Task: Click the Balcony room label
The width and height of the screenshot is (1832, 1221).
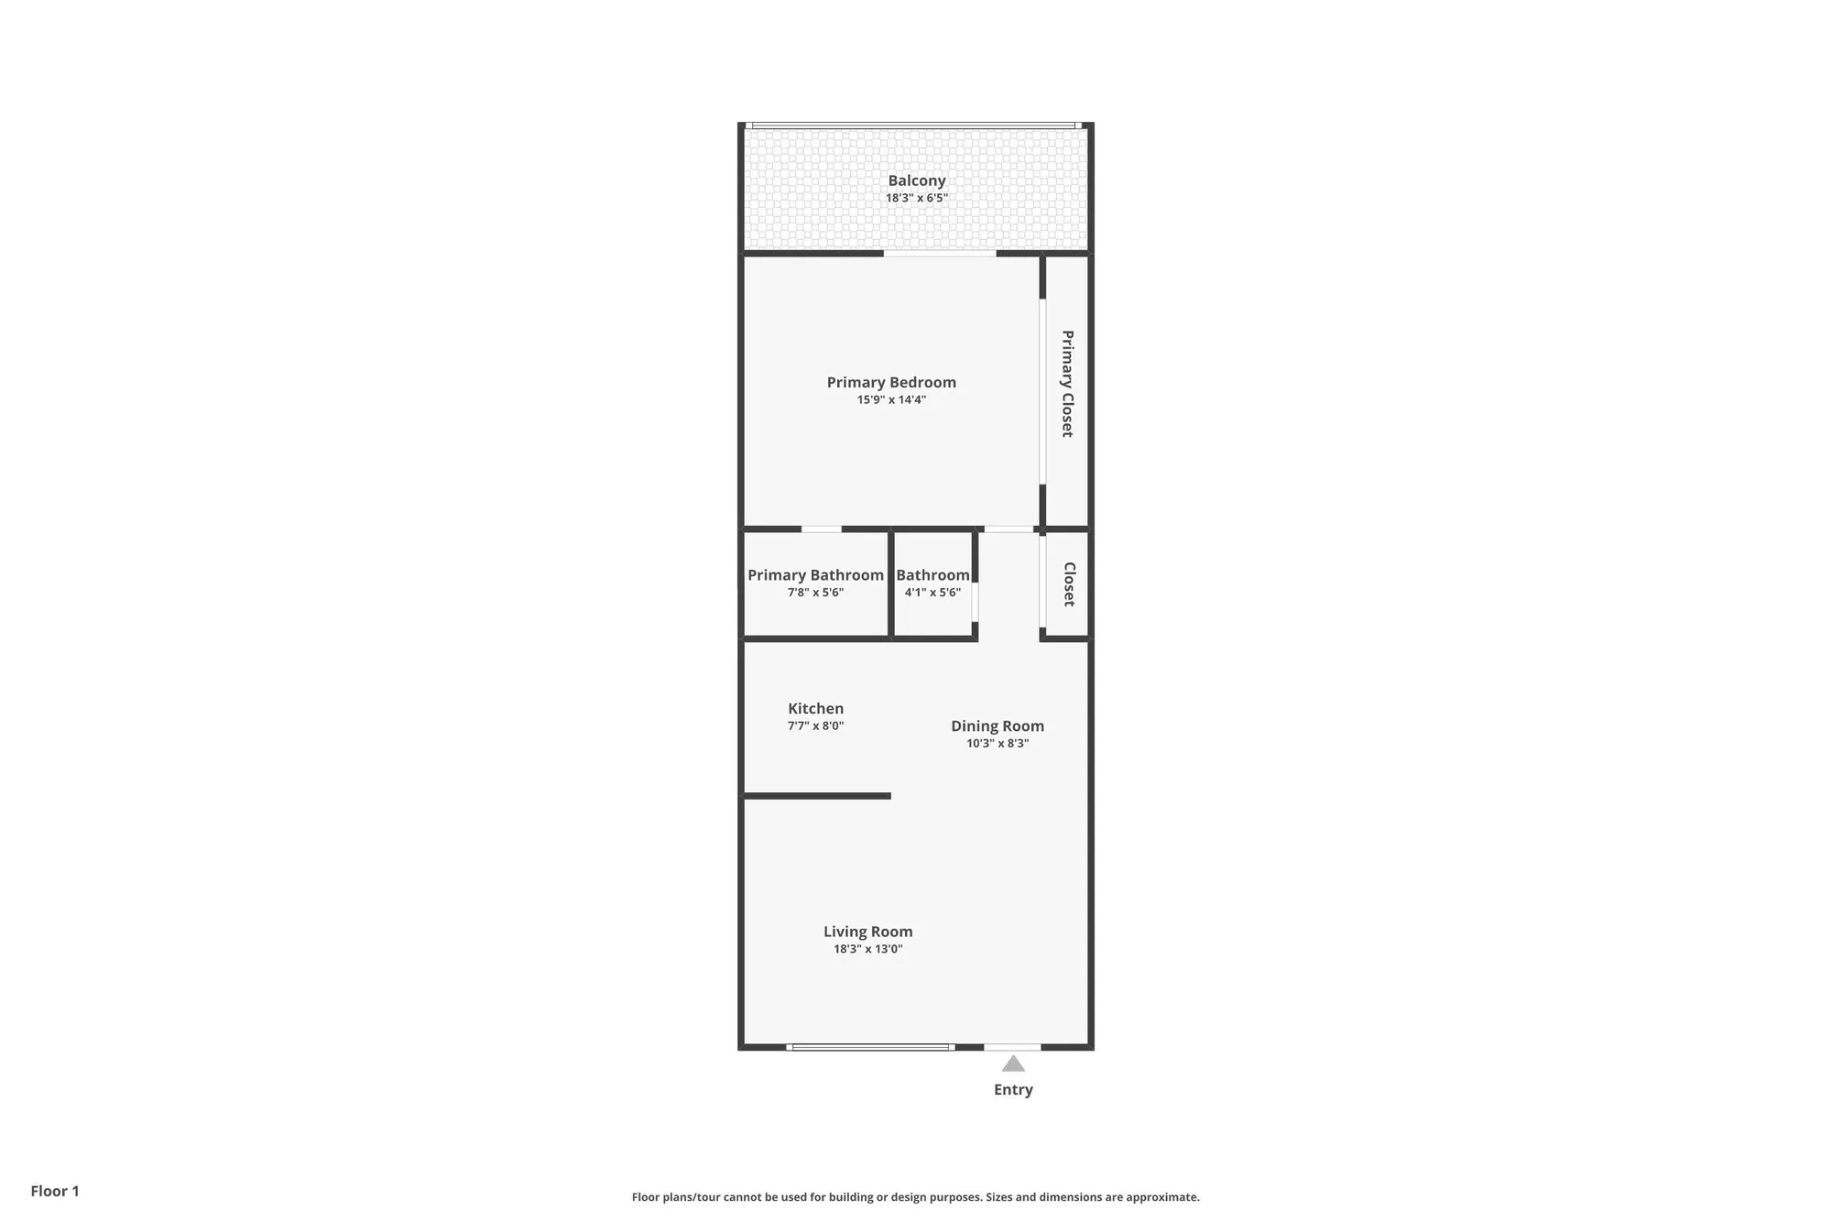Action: (916, 180)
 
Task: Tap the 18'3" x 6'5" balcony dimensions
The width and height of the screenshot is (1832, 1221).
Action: (916, 198)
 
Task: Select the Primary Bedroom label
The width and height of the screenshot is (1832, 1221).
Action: (891, 382)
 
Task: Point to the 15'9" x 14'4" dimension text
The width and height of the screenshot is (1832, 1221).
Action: (891, 399)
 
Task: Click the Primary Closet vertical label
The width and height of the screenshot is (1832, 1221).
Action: (1067, 383)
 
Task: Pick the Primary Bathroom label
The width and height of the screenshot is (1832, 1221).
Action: (815, 574)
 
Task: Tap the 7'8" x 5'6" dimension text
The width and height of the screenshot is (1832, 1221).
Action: (815, 593)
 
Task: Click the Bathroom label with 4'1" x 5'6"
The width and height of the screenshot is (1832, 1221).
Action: (932, 574)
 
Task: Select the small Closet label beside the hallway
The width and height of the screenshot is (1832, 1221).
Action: (1068, 583)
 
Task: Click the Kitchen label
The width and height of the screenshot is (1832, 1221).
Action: (815, 708)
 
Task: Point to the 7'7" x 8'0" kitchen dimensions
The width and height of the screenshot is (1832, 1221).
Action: (815, 725)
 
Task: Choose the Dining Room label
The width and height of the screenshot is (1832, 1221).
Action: (997, 725)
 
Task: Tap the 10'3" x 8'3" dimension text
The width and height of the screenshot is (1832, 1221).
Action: (997, 743)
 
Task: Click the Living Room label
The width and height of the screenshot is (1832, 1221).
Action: (867, 932)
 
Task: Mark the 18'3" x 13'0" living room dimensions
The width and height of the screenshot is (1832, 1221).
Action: (867, 949)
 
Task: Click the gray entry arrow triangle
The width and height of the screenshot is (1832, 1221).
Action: (1013, 1064)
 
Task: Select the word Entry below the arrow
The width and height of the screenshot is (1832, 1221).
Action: (1013, 1089)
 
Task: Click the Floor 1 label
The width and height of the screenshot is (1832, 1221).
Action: (55, 1191)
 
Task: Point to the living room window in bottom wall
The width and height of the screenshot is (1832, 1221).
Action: (870, 1047)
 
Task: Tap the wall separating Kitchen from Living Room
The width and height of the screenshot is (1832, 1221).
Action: (815, 796)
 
